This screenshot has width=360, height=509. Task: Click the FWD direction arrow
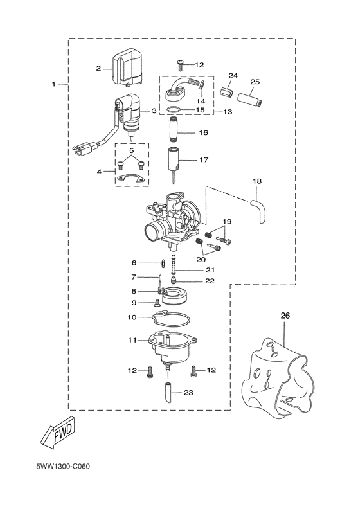59,433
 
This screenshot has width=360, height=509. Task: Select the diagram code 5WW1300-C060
63,467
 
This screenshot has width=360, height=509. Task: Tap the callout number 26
285,316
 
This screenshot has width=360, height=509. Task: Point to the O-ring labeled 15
172,110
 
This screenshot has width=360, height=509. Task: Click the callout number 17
204,159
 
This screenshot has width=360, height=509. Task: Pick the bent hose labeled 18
260,211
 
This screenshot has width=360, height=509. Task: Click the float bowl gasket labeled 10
170,317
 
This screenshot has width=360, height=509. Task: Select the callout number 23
188,393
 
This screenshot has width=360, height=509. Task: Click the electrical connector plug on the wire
85,148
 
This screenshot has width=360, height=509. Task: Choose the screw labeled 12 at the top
181,65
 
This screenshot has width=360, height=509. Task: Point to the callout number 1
54,84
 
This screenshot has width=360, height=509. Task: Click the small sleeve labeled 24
227,89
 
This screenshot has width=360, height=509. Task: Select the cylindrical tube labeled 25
249,100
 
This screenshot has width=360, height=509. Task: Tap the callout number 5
131,150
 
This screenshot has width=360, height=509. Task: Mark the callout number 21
210,270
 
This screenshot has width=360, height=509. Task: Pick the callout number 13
228,112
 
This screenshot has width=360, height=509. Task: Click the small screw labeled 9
157,303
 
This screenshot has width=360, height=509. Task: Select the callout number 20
201,260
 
